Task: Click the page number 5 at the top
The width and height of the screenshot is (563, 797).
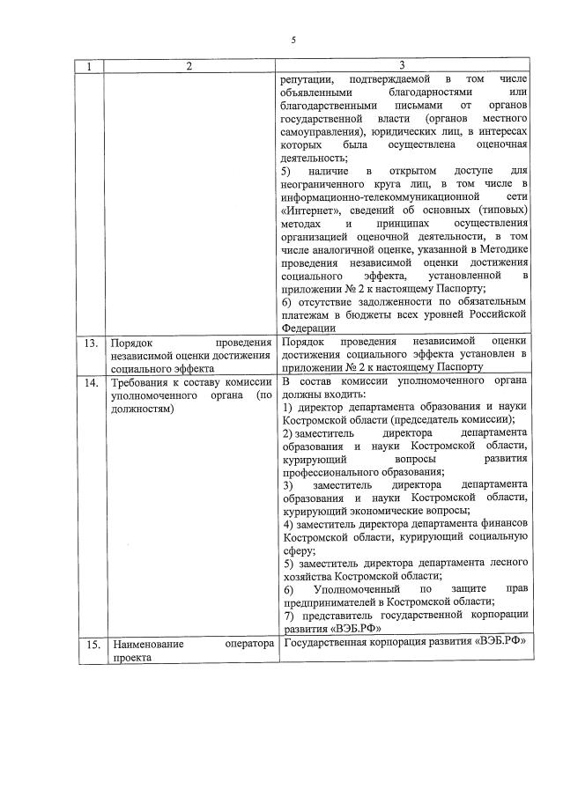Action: point(294,39)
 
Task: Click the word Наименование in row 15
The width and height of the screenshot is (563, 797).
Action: point(147,644)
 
